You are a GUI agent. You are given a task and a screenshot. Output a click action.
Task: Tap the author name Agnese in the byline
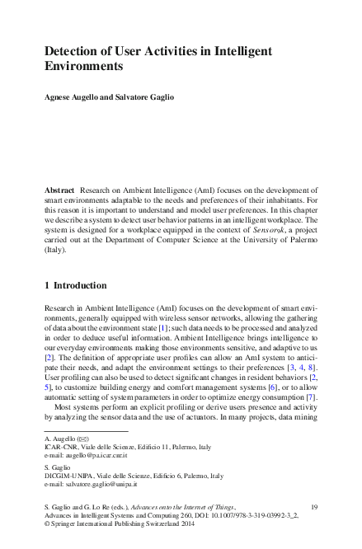59,98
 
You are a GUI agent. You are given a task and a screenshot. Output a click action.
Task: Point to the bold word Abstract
59,190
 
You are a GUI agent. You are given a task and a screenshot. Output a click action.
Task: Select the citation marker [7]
312,396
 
